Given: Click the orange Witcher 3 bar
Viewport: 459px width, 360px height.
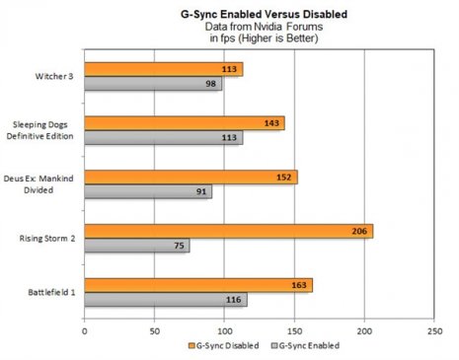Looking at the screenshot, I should pyautogui.click(x=163, y=70).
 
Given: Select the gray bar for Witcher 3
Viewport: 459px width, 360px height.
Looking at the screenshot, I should pyautogui.click(x=153, y=85).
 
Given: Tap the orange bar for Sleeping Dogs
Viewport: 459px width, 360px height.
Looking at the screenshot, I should pyautogui.click(x=184, y=124).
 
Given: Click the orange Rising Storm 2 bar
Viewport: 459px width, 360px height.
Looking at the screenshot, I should pyautogui.click(x=228, y=232).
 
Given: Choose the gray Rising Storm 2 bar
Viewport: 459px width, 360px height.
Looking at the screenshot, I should pyautogui.click(x=136, y=246).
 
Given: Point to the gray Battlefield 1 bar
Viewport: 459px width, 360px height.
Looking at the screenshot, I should pyautogui.click(x=165, y=299).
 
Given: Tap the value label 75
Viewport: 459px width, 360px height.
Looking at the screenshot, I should pyautogui.click(x=180, y=246).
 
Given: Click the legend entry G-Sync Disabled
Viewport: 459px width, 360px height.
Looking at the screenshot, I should pyautogui.click(x=223, y=346).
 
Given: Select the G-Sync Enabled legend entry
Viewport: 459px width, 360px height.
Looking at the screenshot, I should pyautogui.click(x=305, y=346).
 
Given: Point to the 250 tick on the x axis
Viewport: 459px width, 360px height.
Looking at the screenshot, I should pyautogui.click(x=434, y=330).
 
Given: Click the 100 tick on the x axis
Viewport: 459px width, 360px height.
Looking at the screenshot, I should pyautogui.click(x=224, y=330).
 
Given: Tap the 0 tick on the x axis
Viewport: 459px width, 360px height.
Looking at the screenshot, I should pyautogui.click(x=85, y=330).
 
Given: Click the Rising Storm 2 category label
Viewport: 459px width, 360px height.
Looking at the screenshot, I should pyautogui.click(x=48, y=239).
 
